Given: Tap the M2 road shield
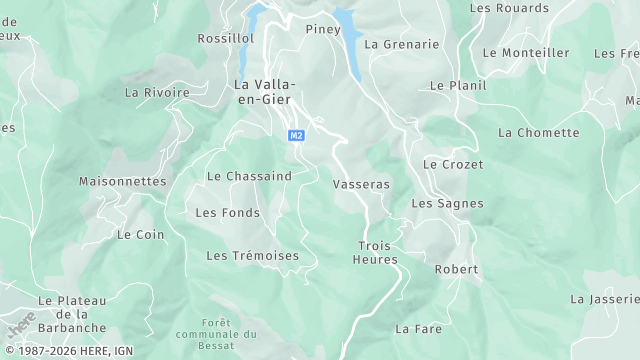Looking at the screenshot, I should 296,135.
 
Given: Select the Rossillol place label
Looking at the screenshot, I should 225,38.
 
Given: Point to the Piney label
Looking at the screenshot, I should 323,29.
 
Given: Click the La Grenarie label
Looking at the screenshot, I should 401,44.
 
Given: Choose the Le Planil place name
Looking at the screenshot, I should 458,86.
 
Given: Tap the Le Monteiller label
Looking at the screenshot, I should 525,52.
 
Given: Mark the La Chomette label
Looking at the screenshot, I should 538,132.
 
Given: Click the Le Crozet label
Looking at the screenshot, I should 453,164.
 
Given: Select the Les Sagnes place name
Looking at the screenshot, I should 447,203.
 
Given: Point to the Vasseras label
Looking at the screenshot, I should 360,185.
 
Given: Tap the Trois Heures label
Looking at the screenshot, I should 376,252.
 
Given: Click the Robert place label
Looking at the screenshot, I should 457,269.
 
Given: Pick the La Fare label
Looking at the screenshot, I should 418,328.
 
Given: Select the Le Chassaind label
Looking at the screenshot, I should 249,176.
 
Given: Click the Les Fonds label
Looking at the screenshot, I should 227,212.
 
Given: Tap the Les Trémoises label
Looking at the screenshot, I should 252,256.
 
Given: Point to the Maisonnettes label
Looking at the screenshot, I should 122,181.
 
